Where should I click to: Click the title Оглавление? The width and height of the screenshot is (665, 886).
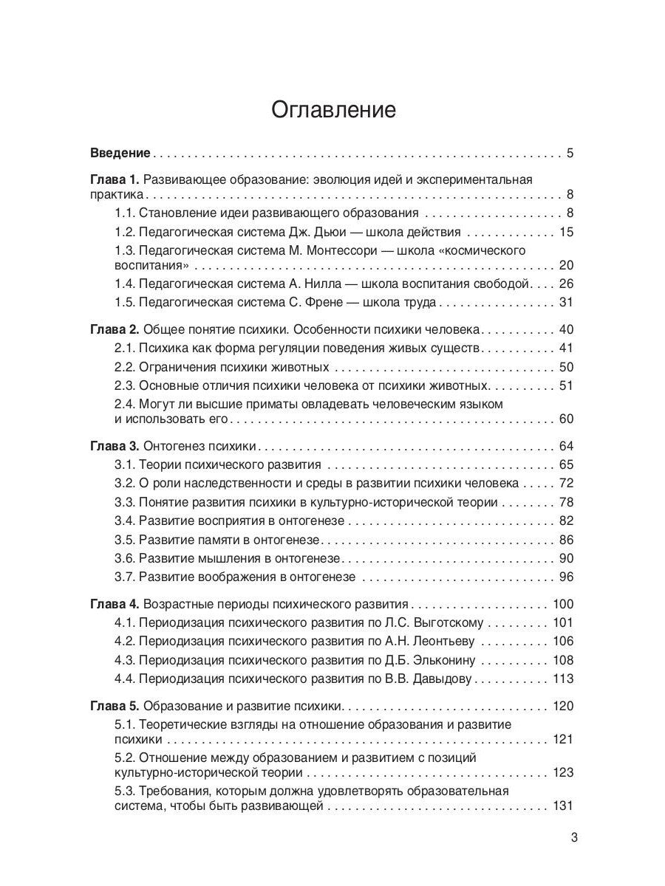click(x=333, y=110)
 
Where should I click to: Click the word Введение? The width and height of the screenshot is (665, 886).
click(x=120, y=154)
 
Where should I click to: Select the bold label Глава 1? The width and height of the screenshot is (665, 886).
click(x=114, y=179)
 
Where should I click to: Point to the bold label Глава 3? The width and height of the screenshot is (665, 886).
click(x=114, y=447)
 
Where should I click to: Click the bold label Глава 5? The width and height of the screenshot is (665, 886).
click(x=114, y=706)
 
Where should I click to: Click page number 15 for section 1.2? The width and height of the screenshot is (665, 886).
click(x=566, y=233)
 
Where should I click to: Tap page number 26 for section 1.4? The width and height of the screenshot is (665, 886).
click(x=566, y=284)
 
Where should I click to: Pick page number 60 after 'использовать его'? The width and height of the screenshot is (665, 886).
click(x=566, y=419)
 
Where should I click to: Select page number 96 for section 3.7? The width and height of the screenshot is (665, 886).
click(x=566, y=577)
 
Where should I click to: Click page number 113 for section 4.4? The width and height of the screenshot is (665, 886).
click(x=562, y=679)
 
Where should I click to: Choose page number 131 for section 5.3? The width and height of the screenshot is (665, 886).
click(x=562, y=806)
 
